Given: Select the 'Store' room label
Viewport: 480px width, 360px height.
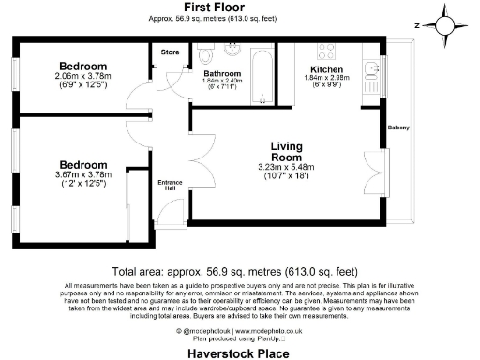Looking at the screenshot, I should [170, 52].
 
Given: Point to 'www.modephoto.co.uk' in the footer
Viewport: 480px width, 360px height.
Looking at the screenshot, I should [251, 331].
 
